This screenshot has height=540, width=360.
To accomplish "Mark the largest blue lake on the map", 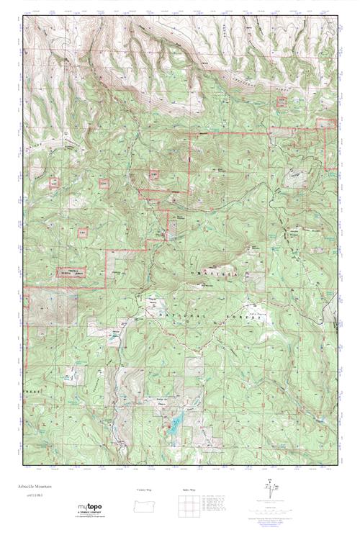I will [174, 427].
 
